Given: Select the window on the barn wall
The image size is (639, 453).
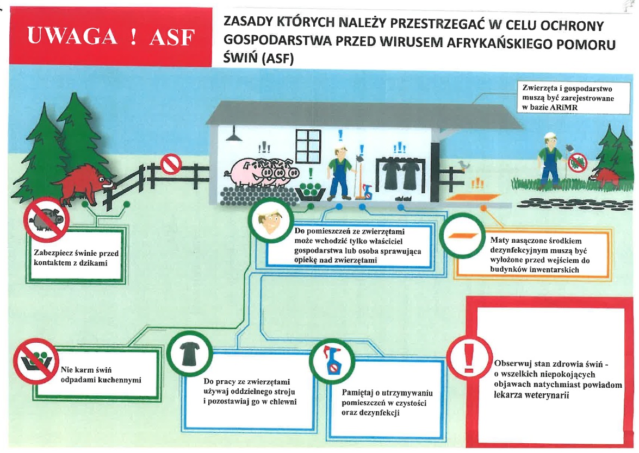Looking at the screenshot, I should click(308, 145).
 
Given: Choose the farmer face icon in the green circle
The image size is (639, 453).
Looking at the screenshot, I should click(270, 223).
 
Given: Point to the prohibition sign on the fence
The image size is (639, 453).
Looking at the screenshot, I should click(171, 163).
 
